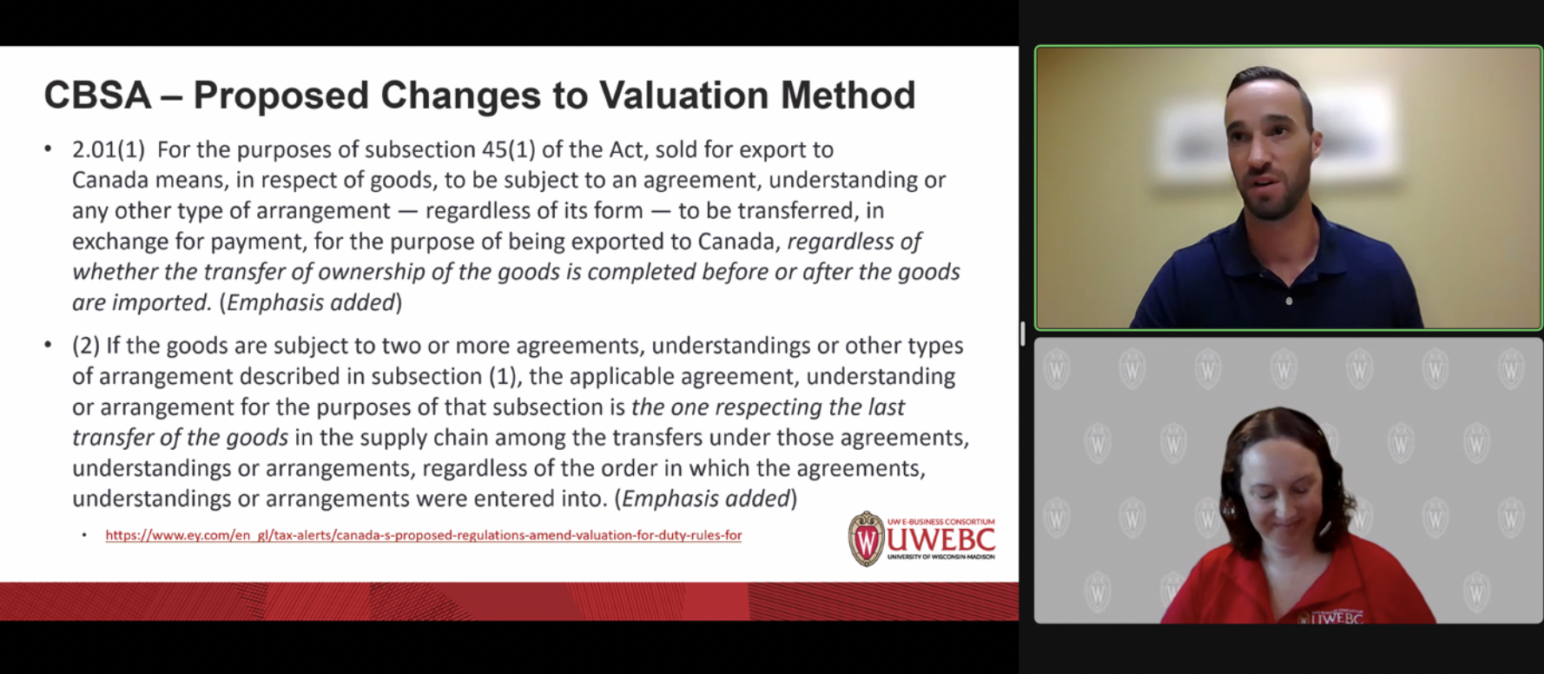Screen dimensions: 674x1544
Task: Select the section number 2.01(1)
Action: point(109,149)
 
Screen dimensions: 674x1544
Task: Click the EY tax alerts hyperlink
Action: point(423,535)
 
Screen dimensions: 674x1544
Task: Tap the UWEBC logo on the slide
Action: point(921,539)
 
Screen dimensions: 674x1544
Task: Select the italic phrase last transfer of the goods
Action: point(180,437)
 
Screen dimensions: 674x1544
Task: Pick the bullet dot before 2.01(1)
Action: point(49,149)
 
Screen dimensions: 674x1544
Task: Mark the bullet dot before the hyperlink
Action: point(84,535)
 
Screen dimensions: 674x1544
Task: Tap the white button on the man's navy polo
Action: point(1289,301)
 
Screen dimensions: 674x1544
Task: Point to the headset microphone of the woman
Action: point(1324,527)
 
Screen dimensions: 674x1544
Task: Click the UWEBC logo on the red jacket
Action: point(1331,617)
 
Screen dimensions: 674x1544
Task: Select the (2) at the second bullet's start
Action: point(86,346)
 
